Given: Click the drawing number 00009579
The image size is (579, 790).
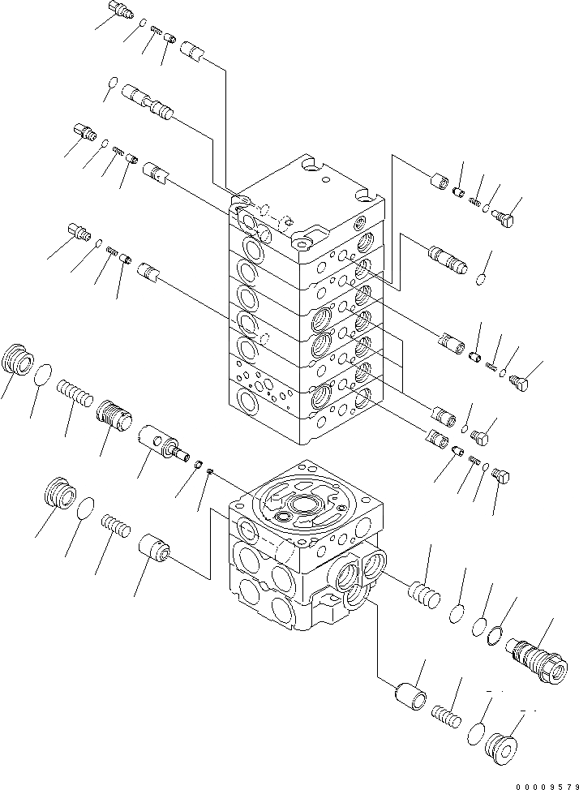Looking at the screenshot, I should [544, 784].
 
